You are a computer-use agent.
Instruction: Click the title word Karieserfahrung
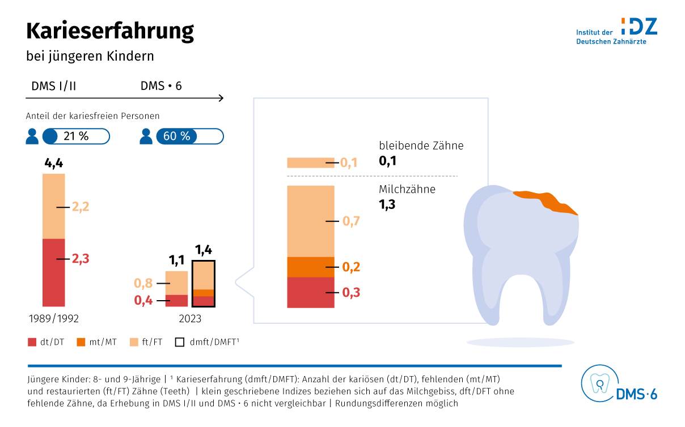(x=110, y=31)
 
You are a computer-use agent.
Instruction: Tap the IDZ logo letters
(x=639, y=26)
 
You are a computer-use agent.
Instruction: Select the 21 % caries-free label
(x=76, y=136)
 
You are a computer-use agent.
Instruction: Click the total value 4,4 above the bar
(x=53, y=164)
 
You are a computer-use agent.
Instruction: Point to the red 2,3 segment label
(x=81, y=259)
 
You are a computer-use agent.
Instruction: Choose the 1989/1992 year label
(x=53, y=319)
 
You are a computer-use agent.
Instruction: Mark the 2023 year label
(x=190, y=319)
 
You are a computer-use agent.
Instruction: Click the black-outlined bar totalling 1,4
(x=204, y=284)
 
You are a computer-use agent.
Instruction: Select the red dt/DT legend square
(x=32, y=342)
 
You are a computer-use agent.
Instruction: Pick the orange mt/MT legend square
(x=81, y=342)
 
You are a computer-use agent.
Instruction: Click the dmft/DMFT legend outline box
(x=180, y=342)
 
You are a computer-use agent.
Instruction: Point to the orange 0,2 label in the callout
(x=351, y=267)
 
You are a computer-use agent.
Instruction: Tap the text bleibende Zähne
(x=421, y=146)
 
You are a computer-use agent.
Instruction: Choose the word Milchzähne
(x=407, y=189)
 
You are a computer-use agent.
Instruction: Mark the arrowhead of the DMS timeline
(x=221, y=99)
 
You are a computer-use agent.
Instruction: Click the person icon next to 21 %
(x=32, y=136)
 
